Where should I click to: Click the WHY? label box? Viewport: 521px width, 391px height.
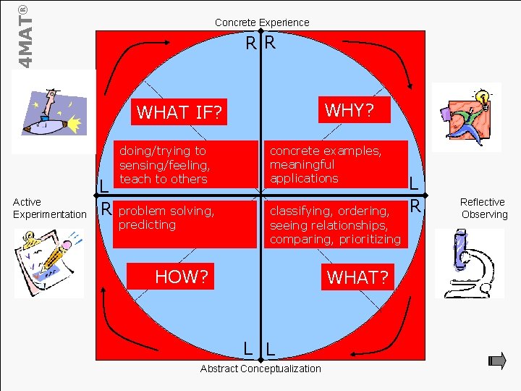tap(349, 110)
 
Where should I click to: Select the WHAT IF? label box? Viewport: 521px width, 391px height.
tap(182, 112)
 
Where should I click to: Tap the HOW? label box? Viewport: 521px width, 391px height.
tap(182, 276)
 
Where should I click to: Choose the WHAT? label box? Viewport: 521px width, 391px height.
tap(357, 277)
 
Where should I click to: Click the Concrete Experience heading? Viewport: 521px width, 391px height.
tap(261, 22)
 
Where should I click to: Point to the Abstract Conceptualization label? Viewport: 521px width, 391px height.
tap(260, 369)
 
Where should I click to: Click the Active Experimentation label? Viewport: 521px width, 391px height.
tap(49, 208)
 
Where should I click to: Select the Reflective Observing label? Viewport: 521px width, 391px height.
tap(483, 208)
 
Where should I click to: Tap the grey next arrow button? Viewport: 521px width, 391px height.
tap(497, 360)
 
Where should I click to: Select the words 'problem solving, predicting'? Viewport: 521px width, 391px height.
tap(166, 218)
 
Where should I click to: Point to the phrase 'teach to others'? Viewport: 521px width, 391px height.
tap(164, 179)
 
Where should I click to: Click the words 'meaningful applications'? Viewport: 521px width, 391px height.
tap(304, 172)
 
